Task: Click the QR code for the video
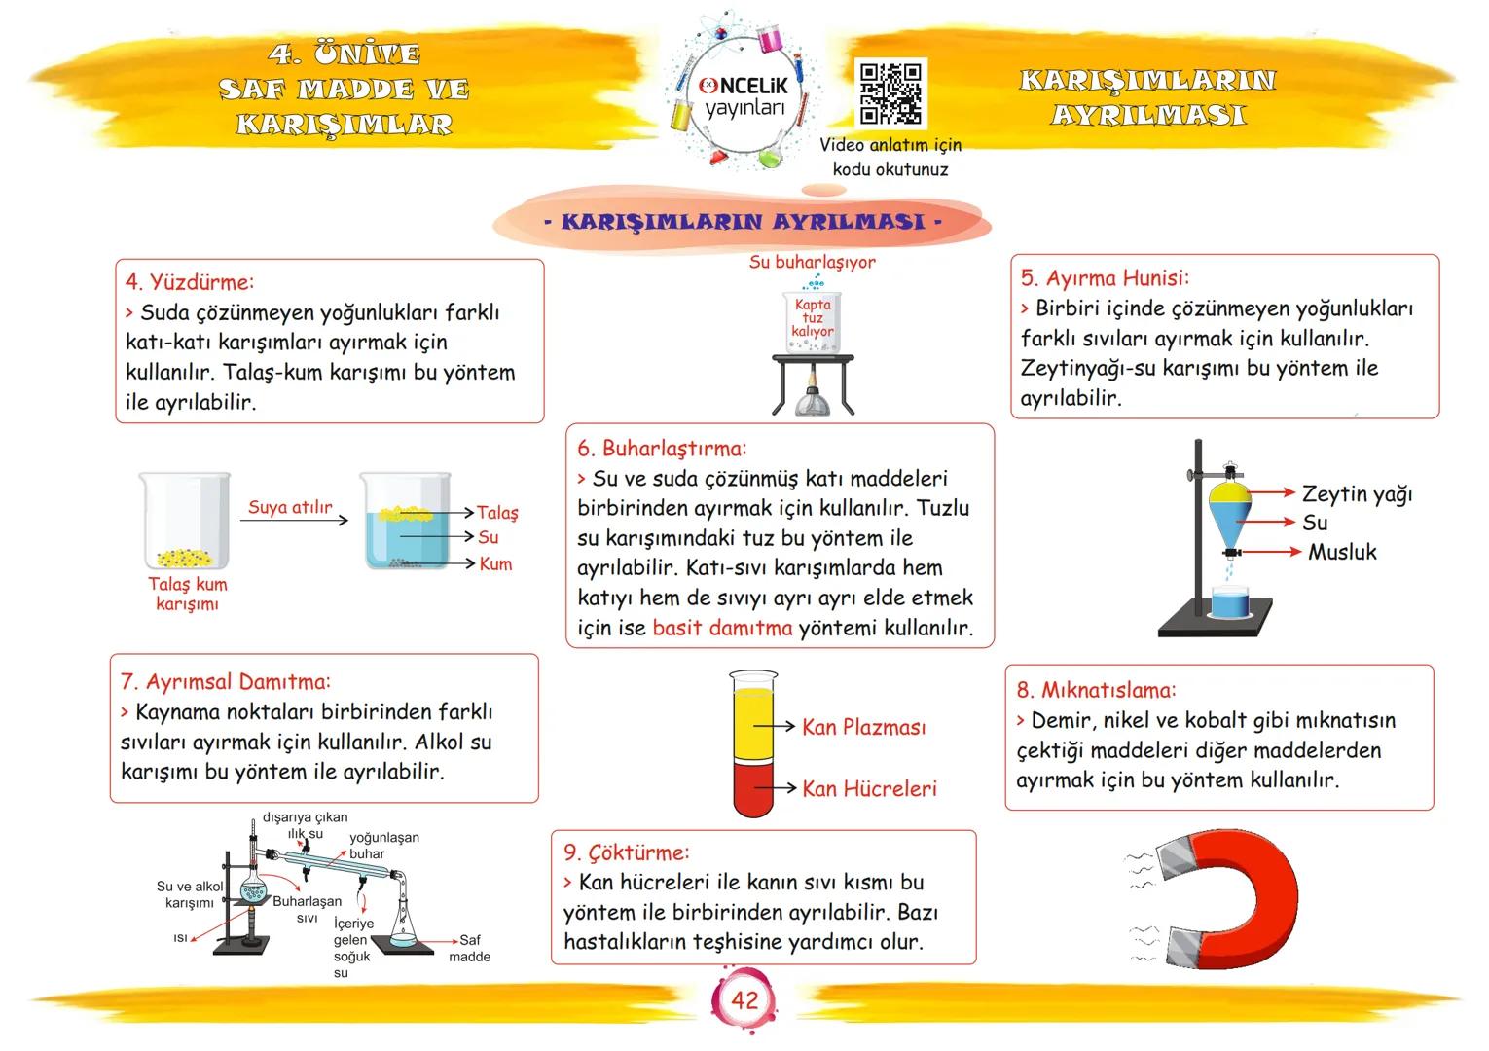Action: coord(890,94)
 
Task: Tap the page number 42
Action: coord(744,1000)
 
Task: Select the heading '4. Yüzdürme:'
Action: coord(190,282)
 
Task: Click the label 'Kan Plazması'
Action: coord(863,727)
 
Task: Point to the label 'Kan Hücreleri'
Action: coord(868,788)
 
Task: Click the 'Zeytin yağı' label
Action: coord(1357,494)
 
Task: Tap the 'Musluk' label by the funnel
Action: coord(1341,552)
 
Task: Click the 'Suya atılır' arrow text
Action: coord(290,507)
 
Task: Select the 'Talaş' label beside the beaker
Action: coord(497,513)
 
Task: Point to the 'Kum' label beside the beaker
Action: coord(495,564)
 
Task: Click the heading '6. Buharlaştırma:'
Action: coord(662,449)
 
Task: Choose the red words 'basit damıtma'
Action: coord(722,628)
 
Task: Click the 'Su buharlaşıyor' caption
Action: coord(812,262)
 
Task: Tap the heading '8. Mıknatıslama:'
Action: coord(1096,690)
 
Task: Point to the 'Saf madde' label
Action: coord(469,948)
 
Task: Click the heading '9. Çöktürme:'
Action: coord(626,852)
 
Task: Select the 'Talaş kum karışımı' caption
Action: coord(187,594)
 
